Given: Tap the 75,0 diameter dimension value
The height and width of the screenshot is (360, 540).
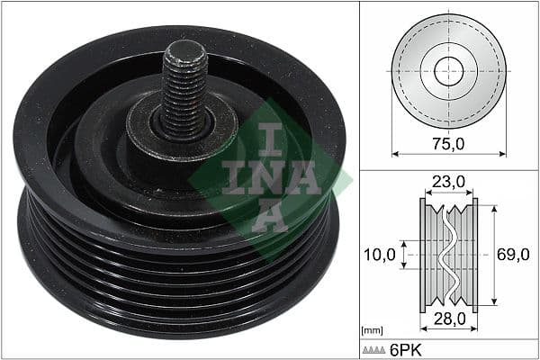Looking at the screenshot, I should pyautogui.click(x=447, y=142).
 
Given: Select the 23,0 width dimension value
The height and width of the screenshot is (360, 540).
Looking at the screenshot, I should pyautogui.click(x=447, y=182).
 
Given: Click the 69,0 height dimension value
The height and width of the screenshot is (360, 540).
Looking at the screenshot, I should pyautogui.click(x=513, y=255).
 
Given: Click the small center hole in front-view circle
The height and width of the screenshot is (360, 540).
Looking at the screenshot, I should pyautogui.click(x=447, y=70).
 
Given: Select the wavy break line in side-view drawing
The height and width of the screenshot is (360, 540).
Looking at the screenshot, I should pyautogui.click(x=447, y=255).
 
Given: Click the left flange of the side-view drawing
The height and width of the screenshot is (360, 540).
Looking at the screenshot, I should pyautogui.click(x=423, y=255).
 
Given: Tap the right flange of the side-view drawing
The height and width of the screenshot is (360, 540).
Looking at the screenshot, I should pyautogui.click(x=474, y=255).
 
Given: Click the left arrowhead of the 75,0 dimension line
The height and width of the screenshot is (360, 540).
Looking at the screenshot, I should pyautogui.click(x=394, y=153).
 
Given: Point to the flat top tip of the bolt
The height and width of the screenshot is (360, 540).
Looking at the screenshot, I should pyautogui.click(x=185, y=47).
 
